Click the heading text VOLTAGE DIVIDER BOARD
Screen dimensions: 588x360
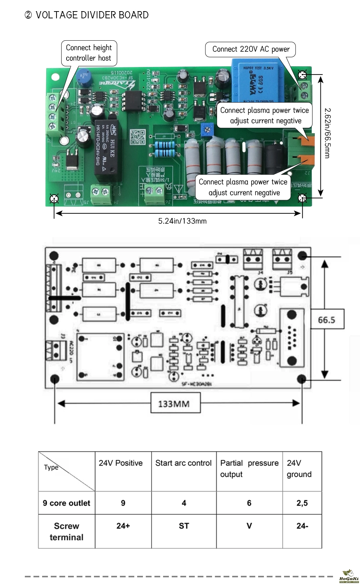(92, 15)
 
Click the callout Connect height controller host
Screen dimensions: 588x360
(89, 53)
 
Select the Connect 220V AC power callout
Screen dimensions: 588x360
(251, 49)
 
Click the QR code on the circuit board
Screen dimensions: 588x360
(137, 137)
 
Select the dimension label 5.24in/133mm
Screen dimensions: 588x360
(182, 221)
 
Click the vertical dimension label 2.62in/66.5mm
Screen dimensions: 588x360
(327, 133)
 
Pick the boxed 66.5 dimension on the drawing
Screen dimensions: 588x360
(327, 320)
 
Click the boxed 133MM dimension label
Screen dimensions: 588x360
(174, 404)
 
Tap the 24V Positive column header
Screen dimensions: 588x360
(121, 463)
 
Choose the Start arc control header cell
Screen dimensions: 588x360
(183, 463)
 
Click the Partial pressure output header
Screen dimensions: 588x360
(249, 468)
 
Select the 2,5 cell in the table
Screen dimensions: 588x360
(302, 503)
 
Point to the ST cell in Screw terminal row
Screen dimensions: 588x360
(184, 526)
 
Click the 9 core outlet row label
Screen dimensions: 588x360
(67, 503)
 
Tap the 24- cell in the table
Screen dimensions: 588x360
(302, 526)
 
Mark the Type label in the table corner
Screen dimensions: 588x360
(51, 467)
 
